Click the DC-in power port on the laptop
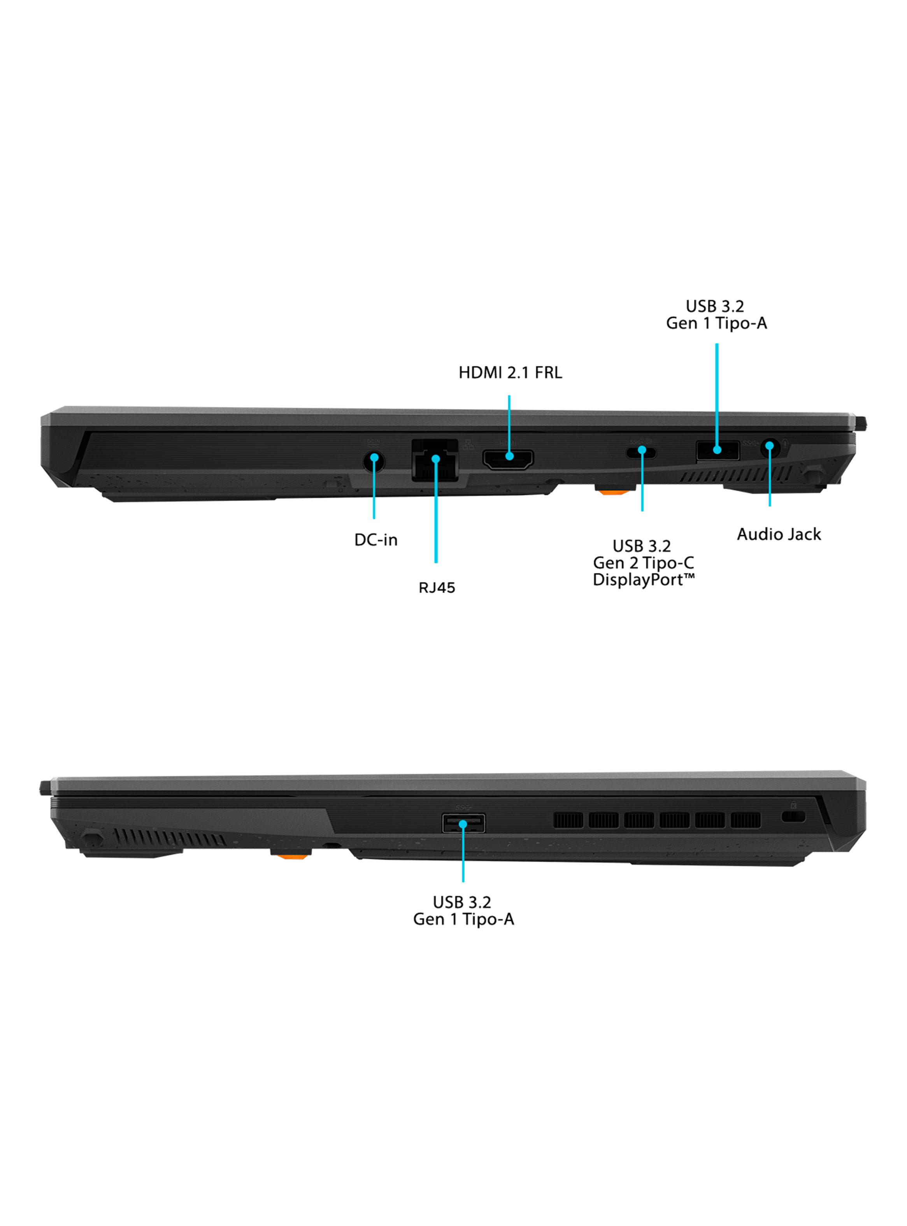coord(374,461)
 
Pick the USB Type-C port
coord(641,452)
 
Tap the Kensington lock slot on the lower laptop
coord(793,817)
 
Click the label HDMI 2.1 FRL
coord(510,373)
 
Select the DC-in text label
coord(376,540)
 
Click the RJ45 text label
coord(437,588)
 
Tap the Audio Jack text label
coord(779,534)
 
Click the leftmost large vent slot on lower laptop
coord(568,820)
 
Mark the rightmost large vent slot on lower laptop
coord(746,820)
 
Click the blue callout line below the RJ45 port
coord(436,511)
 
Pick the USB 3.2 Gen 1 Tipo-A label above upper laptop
coord(716,314)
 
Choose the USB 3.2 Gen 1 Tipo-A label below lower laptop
coord(463,910)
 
